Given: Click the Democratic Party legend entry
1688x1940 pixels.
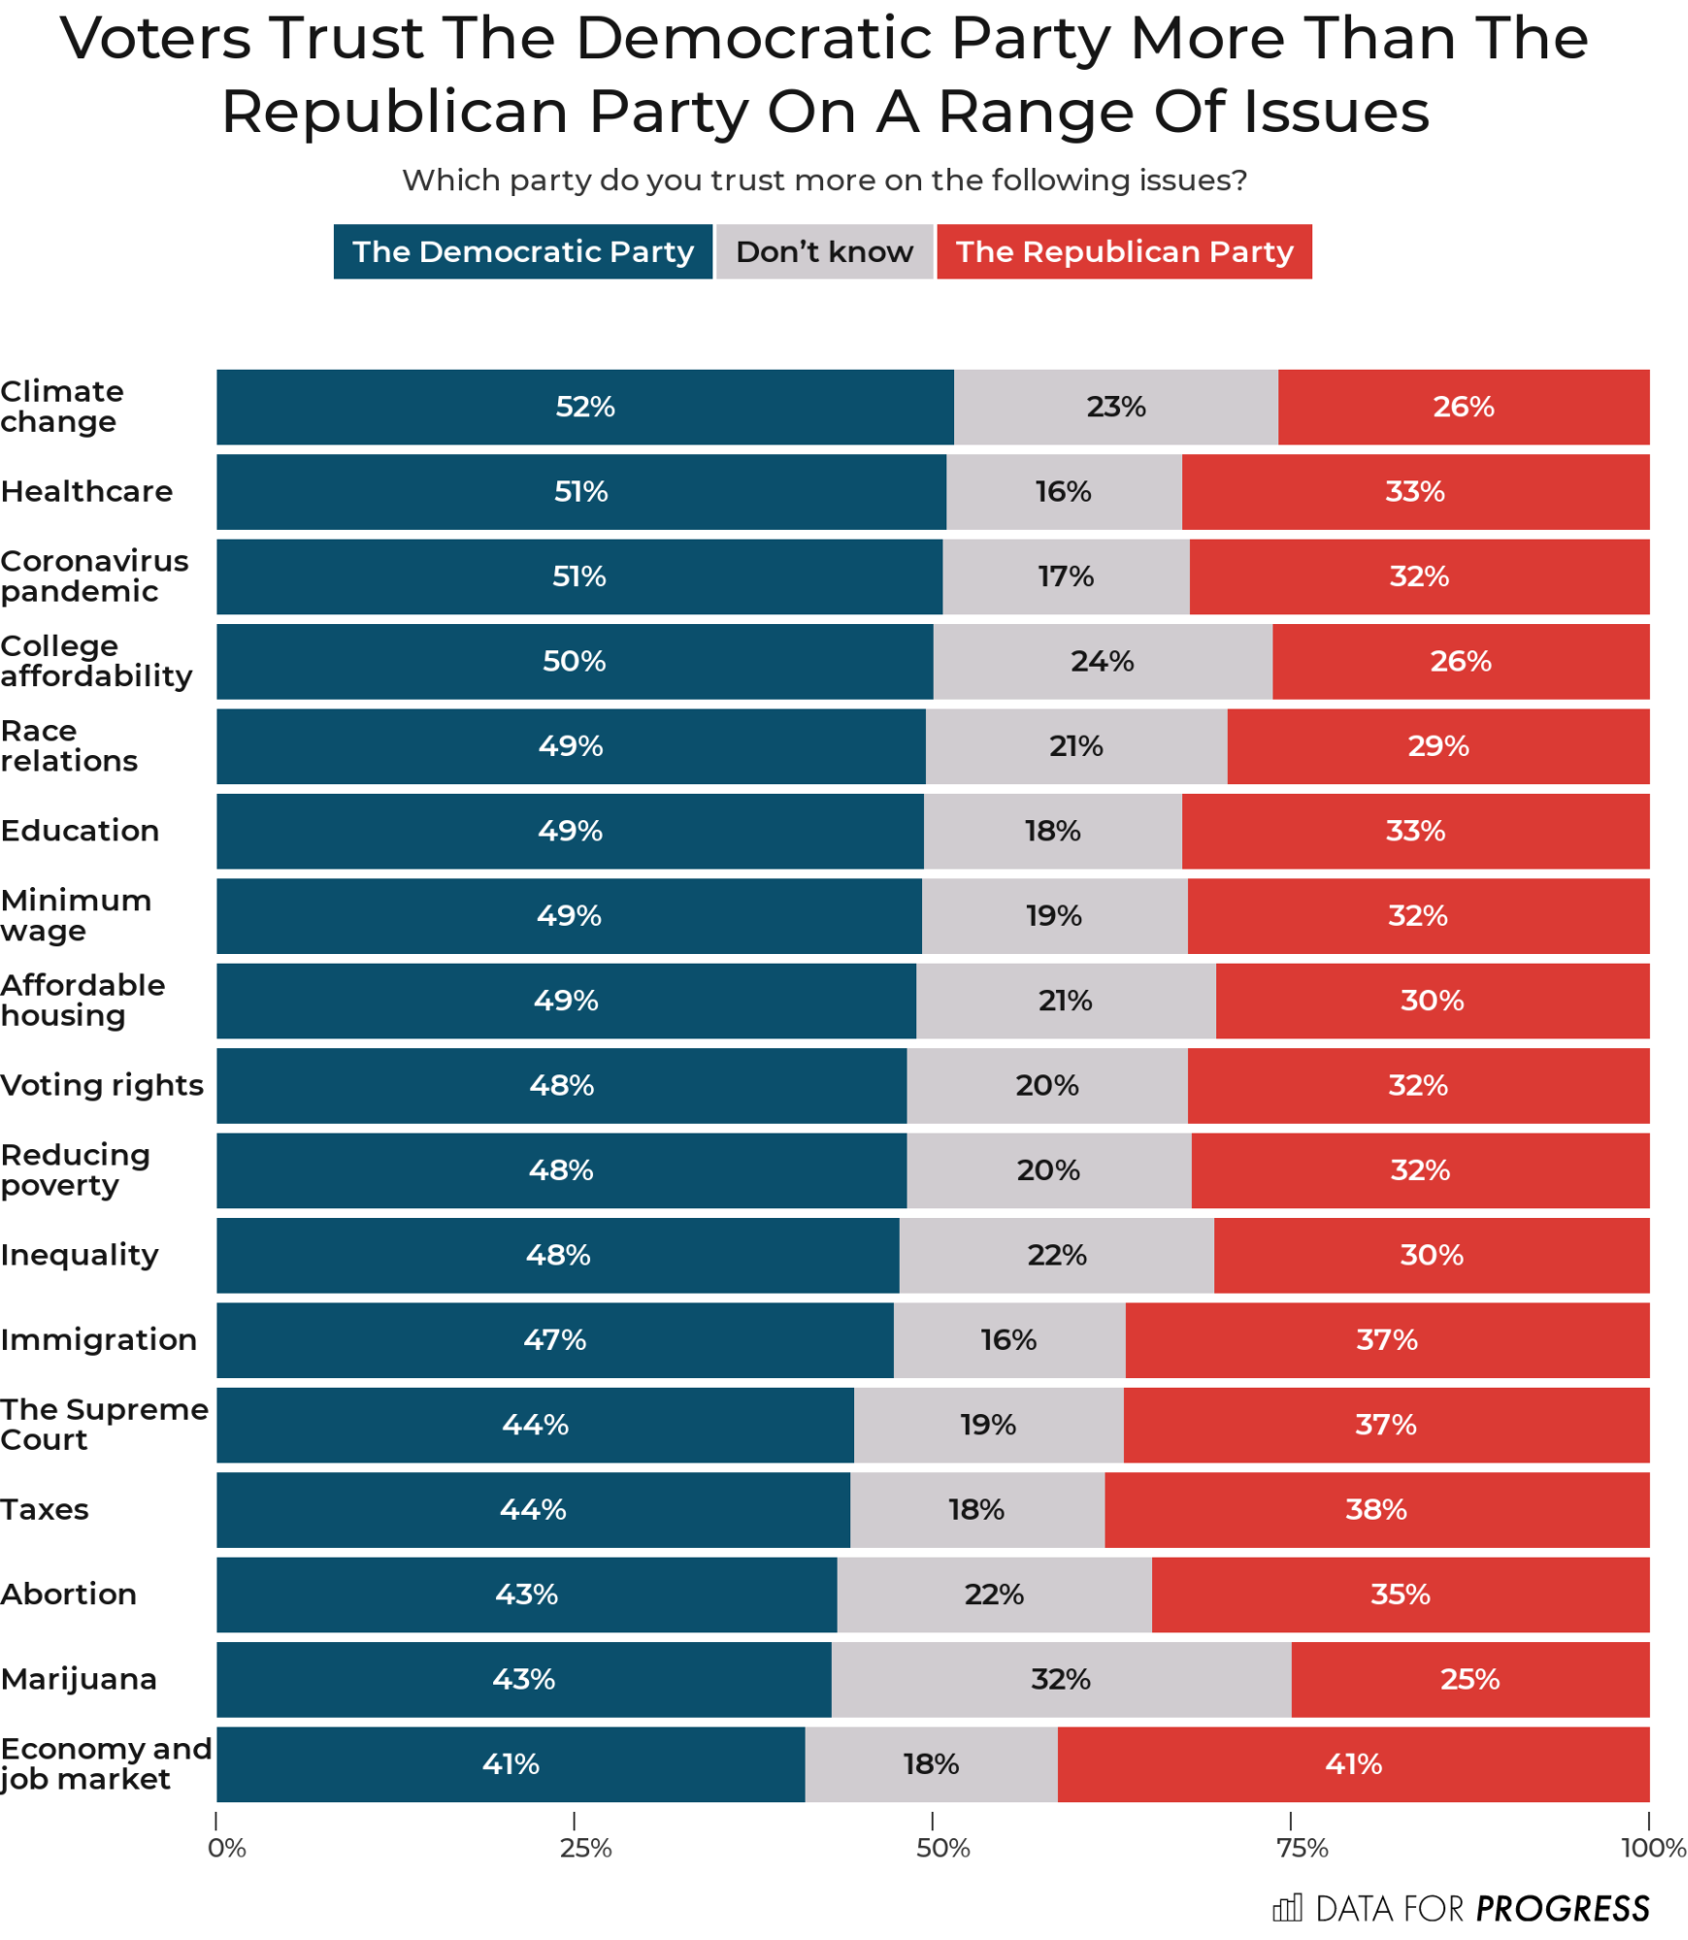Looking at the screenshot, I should (522, 251).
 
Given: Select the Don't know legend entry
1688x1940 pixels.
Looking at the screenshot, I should (823, 251).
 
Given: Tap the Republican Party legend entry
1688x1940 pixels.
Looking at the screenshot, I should (1123, 251).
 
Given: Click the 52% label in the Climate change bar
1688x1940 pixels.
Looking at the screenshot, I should (584, 407).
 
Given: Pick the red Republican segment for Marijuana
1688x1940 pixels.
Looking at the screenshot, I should (1469, 1679).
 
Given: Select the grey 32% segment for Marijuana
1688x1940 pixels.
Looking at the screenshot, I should (1060, 1679).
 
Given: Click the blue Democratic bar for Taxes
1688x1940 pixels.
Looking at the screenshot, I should (532, 1509).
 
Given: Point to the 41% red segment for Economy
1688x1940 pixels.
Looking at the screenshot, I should (1352, 1763).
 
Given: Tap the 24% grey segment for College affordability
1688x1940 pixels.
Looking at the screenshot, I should (1102, 661).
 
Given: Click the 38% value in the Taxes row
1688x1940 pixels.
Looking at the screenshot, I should (1375, 1509).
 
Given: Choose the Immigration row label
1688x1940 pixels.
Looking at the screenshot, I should (99, 1339).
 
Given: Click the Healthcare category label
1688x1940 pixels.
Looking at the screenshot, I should (87, 491).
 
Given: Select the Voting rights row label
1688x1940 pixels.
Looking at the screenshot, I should (102, 1085).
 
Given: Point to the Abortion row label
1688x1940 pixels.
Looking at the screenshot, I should (69, 1594).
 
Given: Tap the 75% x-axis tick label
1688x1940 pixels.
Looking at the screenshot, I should (1301, 1848).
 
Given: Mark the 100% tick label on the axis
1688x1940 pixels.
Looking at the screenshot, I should (1652, 1848).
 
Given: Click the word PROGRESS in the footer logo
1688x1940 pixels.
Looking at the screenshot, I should (1561, 1909).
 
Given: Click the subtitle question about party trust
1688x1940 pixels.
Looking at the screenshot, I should (824, 181).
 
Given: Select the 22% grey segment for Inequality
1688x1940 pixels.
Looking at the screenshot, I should (1056, 1255).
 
